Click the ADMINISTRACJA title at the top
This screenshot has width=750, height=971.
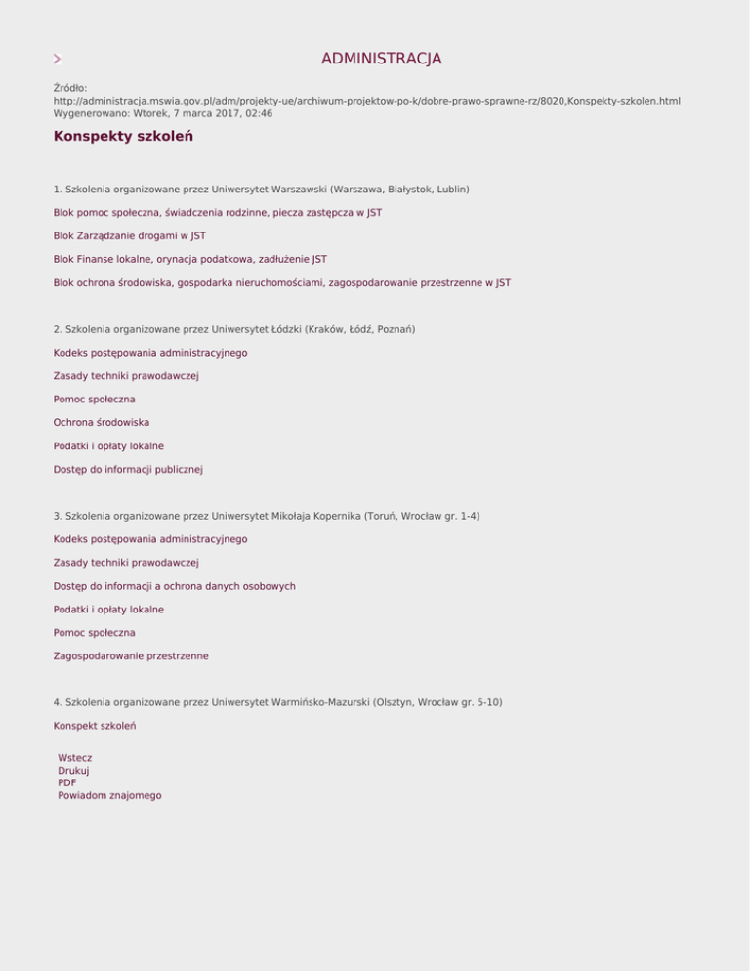381,59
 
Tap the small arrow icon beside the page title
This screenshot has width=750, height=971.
58,60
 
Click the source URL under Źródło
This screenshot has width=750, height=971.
366,101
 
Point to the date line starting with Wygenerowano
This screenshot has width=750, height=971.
162,113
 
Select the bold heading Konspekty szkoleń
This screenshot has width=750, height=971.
123,136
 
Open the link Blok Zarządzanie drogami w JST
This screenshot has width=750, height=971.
129,235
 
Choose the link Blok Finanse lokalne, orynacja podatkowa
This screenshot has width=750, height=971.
189,259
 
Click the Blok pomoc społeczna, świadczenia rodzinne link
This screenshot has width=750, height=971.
217,212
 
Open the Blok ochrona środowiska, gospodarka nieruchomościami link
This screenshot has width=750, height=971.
281,282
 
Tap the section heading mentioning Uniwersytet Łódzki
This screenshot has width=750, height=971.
234,329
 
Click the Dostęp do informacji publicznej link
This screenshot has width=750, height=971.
128,469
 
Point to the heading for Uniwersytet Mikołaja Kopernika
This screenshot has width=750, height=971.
267,516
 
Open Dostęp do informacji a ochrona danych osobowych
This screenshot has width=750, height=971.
174,586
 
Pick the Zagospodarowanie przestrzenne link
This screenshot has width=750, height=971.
131,656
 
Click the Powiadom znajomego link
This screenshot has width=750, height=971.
109,795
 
